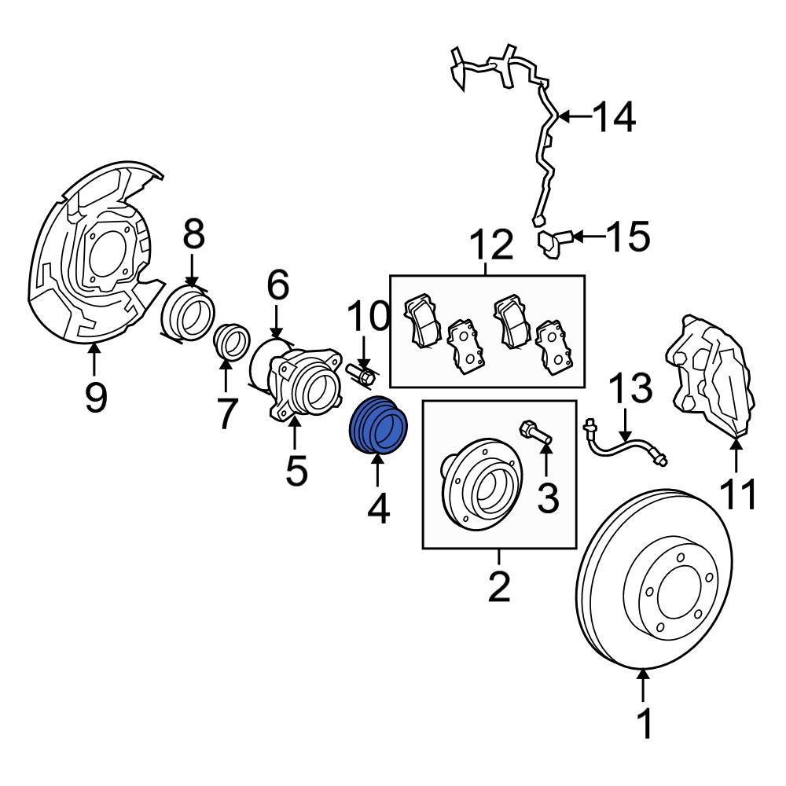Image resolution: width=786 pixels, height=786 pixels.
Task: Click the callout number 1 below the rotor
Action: click(644, 724)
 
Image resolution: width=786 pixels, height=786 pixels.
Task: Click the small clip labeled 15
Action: click(552, 241)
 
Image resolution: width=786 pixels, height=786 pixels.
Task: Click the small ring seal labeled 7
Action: click(227, 342)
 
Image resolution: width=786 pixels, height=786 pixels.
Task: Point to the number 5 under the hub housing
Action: click(296, 469)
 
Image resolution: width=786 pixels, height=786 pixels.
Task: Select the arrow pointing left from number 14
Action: click(571, 118)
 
